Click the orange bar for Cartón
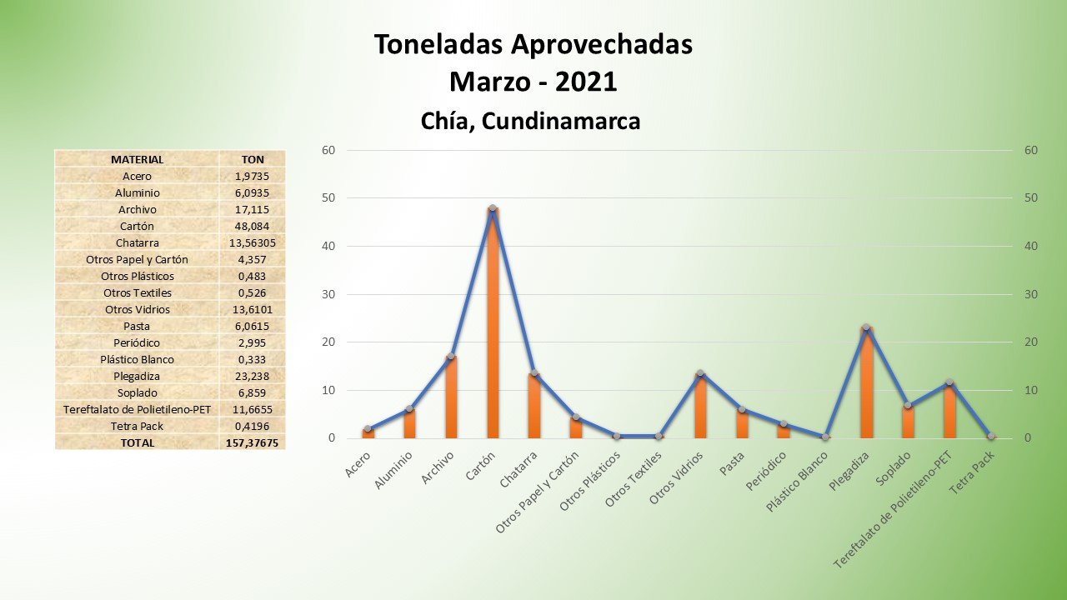[493, 325]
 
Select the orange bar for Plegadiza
[867, 383]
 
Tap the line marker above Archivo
[451, 357]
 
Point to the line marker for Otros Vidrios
[700, 373]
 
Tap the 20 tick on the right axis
[1031, 342]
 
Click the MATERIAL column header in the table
[137, 159]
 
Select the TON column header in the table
[252, 159]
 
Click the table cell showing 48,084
[252, 226]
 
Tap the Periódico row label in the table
[137, 342]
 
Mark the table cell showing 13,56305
[252, 242]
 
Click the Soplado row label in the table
[137, 392]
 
